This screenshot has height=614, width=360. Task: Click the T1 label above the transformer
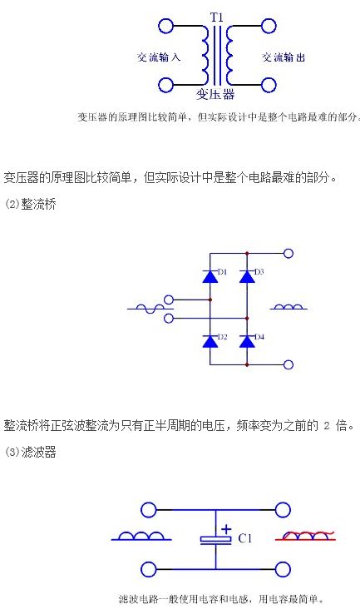click(216, 17)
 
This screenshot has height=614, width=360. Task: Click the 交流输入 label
click(159, 57)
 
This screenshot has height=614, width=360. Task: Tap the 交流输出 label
click(284, 57)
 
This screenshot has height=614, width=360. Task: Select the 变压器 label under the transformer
click(215, 94)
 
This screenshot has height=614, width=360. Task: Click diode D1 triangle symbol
click(210, 276)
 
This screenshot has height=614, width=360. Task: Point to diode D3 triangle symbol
click(247, 276)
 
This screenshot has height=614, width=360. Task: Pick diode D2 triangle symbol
click(210, 341)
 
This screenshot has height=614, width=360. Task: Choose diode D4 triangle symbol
click(247, 341)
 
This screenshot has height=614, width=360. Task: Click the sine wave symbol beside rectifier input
click(145, 309)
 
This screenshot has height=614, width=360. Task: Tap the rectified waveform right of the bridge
click(288, 307)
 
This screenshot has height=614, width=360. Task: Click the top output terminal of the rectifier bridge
click(288, 254)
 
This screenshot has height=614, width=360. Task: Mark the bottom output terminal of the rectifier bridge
click(288, 365)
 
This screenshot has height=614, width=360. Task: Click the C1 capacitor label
click(245, 539)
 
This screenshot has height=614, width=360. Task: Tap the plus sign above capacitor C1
click(226, 529)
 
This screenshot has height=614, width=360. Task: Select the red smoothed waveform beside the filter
click(305, 536)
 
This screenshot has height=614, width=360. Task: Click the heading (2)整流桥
click(30, 205)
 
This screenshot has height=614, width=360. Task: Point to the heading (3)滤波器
click(30, 453)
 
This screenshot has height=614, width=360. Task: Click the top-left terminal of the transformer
click(165, 26)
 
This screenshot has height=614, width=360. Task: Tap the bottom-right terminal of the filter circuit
click(283, 569)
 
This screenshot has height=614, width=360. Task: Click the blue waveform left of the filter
click(141, 536)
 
